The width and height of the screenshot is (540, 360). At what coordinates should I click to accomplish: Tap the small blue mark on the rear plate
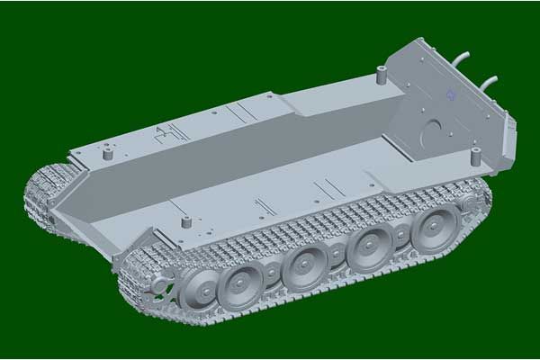click(448, 94)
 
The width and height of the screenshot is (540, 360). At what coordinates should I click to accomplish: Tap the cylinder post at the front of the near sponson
click(186, 221)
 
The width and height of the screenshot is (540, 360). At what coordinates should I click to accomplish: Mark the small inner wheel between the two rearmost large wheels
click(401, 236)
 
